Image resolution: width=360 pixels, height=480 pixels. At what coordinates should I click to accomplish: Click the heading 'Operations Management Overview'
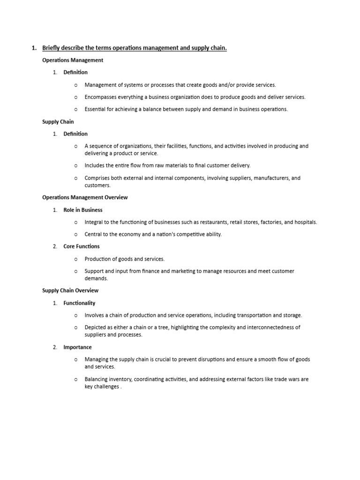pyautogui.click(x=85, y=197)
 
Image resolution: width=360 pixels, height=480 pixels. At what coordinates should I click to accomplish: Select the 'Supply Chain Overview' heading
pyautogui.click(x=70, y=291)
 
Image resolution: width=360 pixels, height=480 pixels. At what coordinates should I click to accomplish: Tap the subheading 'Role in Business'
pyautogui.click(x=83, y=210)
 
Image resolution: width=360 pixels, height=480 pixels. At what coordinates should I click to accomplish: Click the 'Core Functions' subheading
pyautogui.click(x=82, y=246)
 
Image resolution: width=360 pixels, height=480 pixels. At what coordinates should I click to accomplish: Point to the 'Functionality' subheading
pyautogui.click(x=79, y=303)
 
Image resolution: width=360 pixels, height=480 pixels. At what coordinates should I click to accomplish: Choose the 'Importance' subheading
pyautogui.click(x=77, y=347)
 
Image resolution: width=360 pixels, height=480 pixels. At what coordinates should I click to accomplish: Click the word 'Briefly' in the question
pyautogui.click(x=52, y=48)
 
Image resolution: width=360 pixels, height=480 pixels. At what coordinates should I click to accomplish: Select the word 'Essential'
pyautogui.click(x=96, y=109)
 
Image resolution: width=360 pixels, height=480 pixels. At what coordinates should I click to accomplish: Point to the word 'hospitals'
pyautogui.click(x=305, y=222)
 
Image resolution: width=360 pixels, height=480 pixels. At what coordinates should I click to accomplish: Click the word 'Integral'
pyautogui.click(x=94, y=222)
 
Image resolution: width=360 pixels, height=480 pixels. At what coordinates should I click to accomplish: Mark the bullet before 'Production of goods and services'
pyautogui.click(x=75, y=259)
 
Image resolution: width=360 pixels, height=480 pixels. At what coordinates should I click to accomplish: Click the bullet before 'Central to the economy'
pyautogui.click(x=75, y=234)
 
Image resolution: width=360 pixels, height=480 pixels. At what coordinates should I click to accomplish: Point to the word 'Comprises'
pyautogui.click(x=97, y=178)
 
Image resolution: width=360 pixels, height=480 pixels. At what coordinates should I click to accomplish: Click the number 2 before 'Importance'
pyautogui.click(x=54, y=347)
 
